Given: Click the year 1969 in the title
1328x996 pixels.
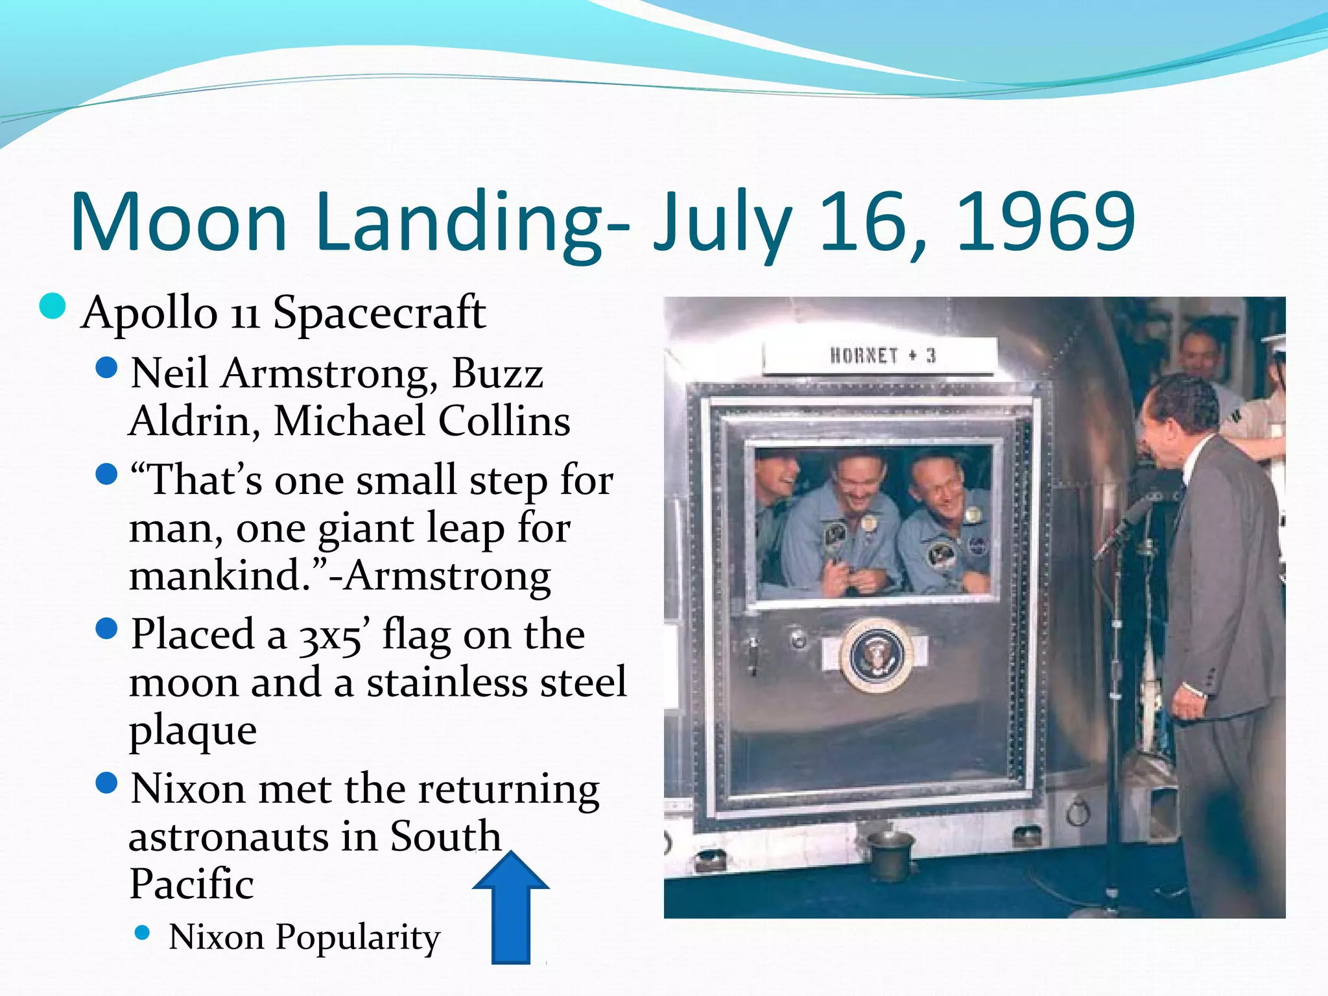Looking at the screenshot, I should pyautogui.click(x=1045, y=222).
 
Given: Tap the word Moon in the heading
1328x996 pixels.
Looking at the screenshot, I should pyautogui.click(x=178, y=222).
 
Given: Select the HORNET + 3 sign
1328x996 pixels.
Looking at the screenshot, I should pyautogui.click(x=881, y=356).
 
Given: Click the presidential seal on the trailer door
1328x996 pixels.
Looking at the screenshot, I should pyautogui.click(x=876, y=654).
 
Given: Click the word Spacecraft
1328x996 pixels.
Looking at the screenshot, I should pyautogui.click(x=379, y=313).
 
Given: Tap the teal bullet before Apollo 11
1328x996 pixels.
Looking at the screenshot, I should pyautogui.click(x=53, y=307).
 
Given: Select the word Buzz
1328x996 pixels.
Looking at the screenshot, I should pyautogui.click(x=497, y=374).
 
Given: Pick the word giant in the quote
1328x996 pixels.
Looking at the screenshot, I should pyautogui.click(x=366, y=529).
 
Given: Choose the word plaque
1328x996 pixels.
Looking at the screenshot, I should pyautogui.click(x=193, y=731).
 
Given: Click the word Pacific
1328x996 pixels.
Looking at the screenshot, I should pyautogui.click(x=192, y=884).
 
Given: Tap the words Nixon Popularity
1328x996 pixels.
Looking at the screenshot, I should pyautogui.click(x=304, y=938).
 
